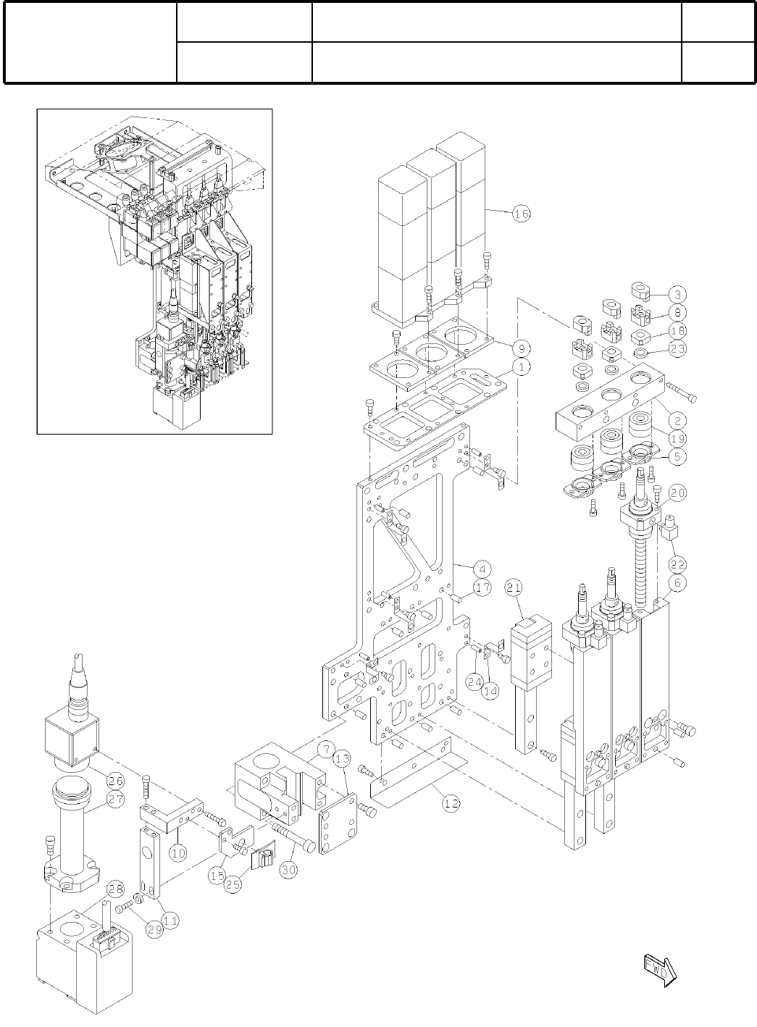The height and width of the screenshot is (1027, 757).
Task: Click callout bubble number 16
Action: (x=521, y=214)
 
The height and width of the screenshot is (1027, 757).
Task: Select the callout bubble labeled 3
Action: (x=677, y=295)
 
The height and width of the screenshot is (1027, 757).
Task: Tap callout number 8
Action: (x=677, y=313)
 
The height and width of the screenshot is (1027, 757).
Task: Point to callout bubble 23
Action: (x=677, y=348)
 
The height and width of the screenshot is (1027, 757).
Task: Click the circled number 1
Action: (x=521, y=366)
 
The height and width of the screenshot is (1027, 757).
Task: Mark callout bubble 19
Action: (x=677, y=438)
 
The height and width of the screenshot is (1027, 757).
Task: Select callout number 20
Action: (x=677, y=492)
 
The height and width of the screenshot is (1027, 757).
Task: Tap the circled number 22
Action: (x=677, y=563)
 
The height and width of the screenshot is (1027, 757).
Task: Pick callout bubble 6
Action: (x=677, y=583)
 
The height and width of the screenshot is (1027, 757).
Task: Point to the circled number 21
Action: (x=514, y=588)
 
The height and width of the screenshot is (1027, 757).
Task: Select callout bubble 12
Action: (x=450, y=802)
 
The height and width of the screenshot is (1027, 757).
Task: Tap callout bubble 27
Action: (x=115, y=798)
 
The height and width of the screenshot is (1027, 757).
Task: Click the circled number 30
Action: (x=288, y=870)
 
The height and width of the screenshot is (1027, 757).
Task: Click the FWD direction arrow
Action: (x=658, y=970)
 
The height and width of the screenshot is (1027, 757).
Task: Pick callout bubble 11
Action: (x=171, y=921)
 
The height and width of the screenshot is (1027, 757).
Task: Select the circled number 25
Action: (x=233, y=886)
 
